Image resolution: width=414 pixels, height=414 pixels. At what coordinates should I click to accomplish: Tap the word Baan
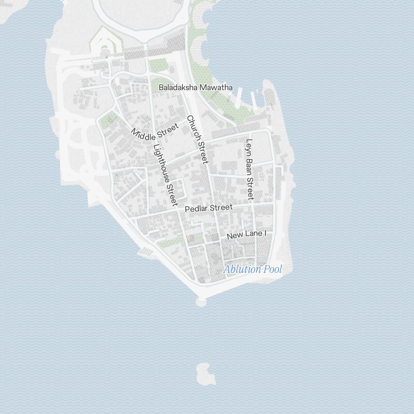click(249, 164)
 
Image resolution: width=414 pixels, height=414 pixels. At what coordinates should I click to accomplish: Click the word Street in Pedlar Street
click(221, 207)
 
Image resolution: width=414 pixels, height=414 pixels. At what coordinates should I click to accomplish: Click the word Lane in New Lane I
click(253, 234)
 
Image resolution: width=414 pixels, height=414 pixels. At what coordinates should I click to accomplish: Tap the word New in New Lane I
click(235, 236)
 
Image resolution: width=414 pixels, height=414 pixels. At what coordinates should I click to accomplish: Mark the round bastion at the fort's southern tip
click(202, 301)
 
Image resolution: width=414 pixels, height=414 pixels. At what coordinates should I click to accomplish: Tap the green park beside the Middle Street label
click(108, 120)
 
